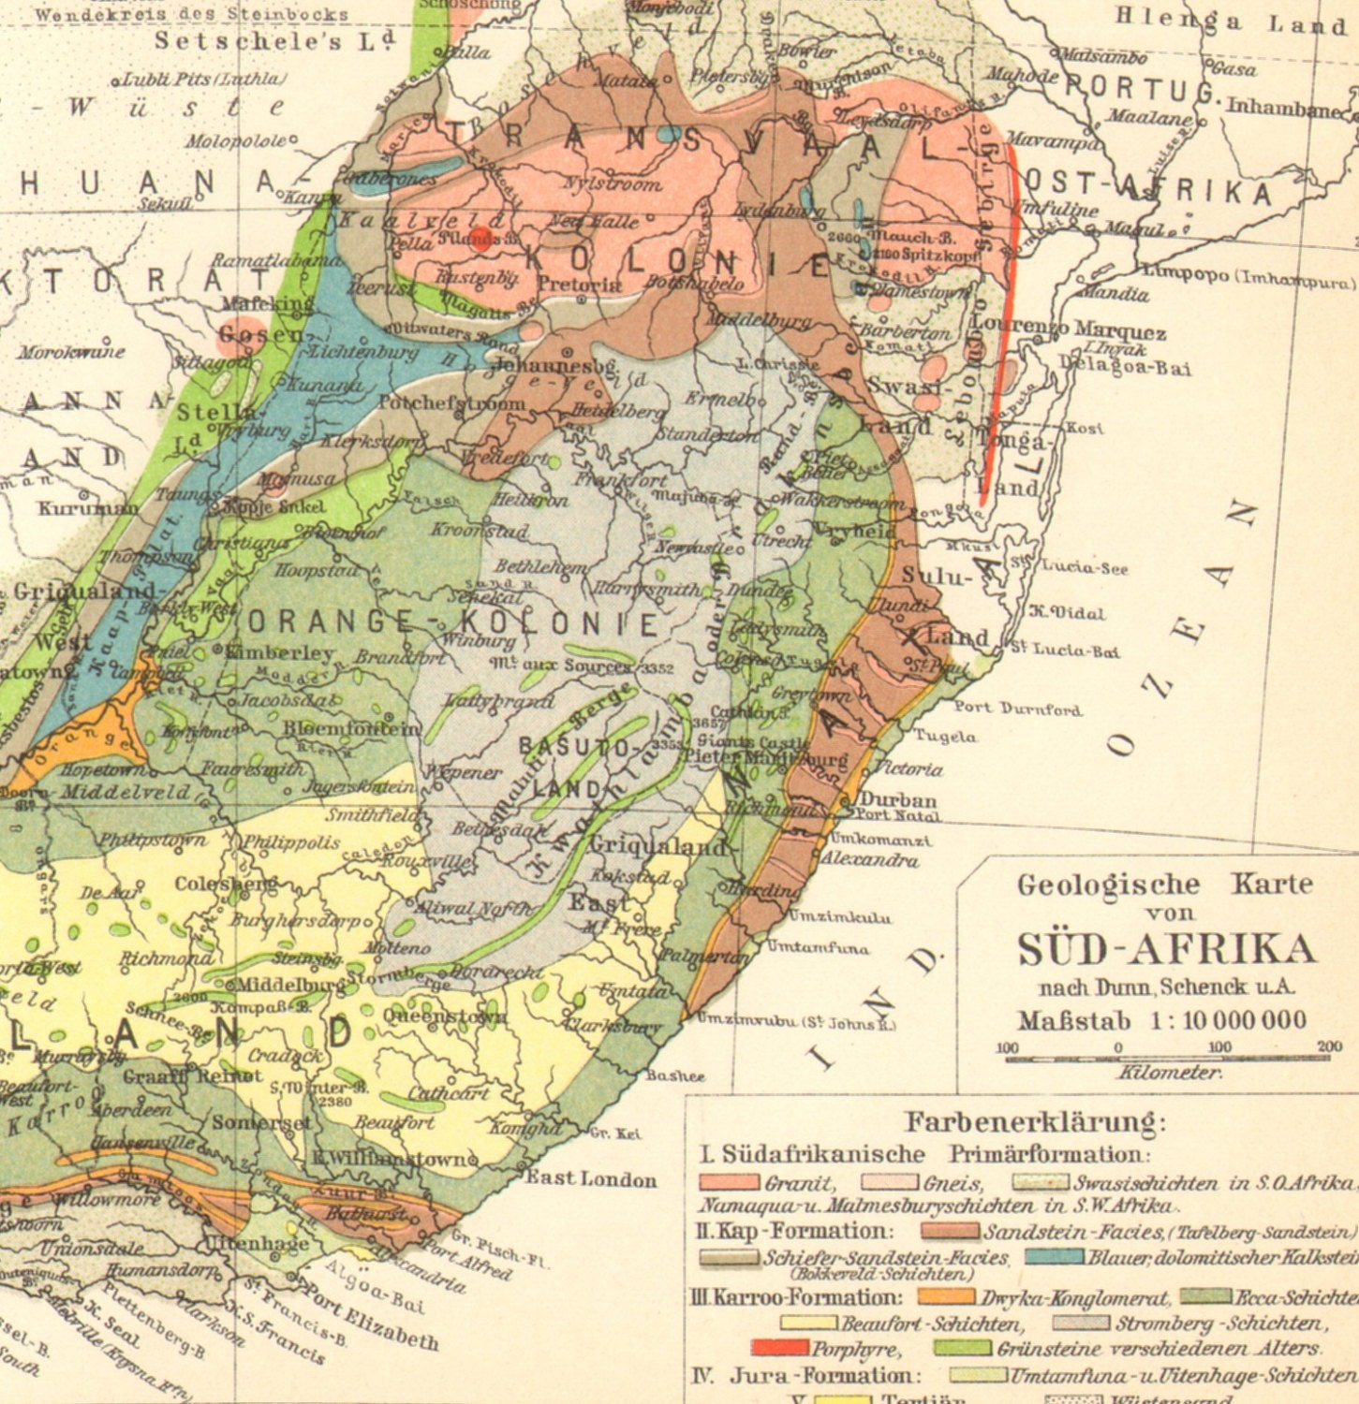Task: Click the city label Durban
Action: point(898,799)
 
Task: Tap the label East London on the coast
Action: point(591,1178)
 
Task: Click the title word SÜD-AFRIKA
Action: point(1166,949)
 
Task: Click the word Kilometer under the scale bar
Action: point(1169,1073)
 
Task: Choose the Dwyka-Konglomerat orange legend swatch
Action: point(945,1297)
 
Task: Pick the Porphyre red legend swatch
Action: point(779,1349)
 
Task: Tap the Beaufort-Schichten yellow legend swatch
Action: point(808,1324)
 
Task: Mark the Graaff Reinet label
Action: point(193,1076)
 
